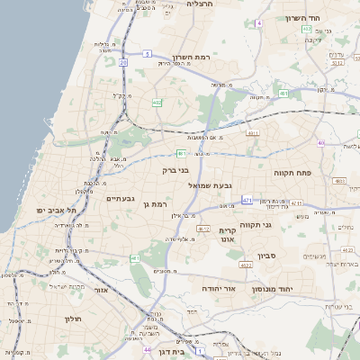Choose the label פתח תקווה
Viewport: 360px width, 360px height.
292,170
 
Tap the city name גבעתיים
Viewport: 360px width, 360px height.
121,198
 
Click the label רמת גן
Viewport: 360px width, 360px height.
156,205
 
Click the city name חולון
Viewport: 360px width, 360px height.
73,319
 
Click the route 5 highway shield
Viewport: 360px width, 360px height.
146,53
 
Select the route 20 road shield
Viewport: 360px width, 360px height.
122,62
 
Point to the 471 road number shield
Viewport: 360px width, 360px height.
247,201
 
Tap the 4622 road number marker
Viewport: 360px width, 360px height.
245,265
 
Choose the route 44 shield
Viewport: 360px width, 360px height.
147,348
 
